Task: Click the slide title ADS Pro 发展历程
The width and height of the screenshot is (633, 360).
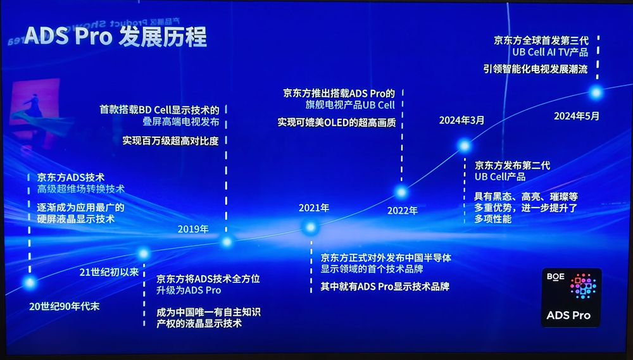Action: pyautogui.click(x=115, y=36)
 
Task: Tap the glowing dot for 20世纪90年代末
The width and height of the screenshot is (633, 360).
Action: pyautogui.click(x=29, y=283)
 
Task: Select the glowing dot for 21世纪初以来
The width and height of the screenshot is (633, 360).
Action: pyautogui.click(x=144, y=254)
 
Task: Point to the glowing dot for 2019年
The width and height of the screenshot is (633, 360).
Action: pyautogui.click(x=227, y=241)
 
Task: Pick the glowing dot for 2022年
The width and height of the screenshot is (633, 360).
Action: pyautogui.click(x=401, y=192)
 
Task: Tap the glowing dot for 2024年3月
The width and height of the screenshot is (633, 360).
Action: pyautogui.click(x=465, y=146)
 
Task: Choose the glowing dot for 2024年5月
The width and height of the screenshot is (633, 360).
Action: pyautogui.click(x=596, y=92)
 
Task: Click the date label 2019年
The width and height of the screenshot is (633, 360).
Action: pyautogui.click(x=193, y=228)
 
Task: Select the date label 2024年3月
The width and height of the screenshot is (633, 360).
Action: pyautogui.click(x=461, y=120)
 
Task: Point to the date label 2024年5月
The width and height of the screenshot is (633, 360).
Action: pyautogui.click(x=576, y=116)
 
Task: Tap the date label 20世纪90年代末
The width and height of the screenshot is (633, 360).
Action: pyautogui.click(x=65, y=306)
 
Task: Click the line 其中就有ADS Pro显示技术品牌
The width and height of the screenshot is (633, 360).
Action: pyautogui.click(x=385, y=286)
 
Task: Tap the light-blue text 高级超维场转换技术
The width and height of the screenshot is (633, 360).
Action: pyautogui.click(x=80, y=189)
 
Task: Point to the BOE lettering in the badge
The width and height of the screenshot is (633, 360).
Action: pyautogui.click(x=556, y=276)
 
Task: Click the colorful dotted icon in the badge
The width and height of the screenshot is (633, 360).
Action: pyautogui.click(x=583, y=287)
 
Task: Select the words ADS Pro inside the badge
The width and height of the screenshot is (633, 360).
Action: pyautogui.click(x=568, y=314)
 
